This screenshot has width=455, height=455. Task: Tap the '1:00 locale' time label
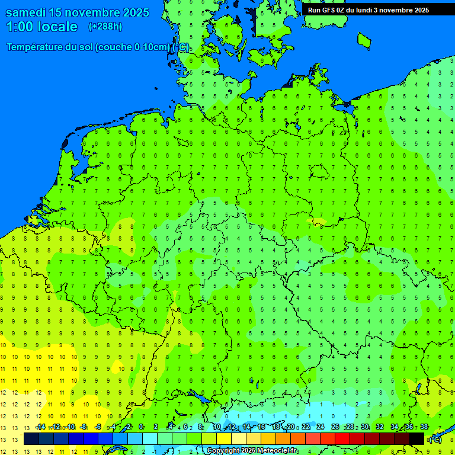coord(41,27)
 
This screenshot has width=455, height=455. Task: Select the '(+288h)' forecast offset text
coord(105,27)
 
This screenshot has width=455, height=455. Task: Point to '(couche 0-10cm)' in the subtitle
coord(132,47)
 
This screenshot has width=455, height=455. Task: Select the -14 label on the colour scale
coord(40,427)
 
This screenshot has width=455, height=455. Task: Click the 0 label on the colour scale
coord(141,427)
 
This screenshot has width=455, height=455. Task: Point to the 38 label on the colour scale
coord(424,427)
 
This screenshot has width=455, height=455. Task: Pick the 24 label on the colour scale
coord(321,427)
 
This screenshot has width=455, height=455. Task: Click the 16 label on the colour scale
coord(261,427)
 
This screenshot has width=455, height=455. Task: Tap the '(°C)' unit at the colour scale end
coord(435,440)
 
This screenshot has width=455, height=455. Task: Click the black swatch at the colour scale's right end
coord(416,439)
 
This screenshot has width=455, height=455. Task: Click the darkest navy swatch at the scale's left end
coord(31,439)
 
